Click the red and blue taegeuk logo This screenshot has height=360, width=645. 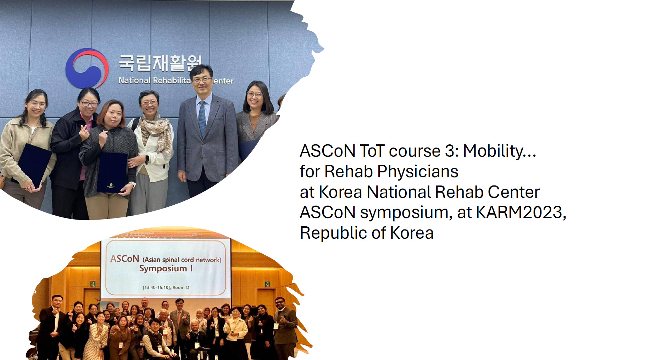(x=87, y=68)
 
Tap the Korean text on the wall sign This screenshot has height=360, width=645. (x=160, y=63)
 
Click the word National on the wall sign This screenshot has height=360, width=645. (x=134, y=81)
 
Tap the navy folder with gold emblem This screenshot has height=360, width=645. (x=112, y=173)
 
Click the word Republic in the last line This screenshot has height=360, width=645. (x=333, y=233)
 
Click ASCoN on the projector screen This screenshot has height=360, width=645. (x=124, y=259)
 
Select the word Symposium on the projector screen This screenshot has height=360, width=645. (x=163, y=268)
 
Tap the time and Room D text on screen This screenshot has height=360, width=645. (x=166, y=287)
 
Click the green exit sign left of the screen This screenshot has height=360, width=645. (x=93, y=284)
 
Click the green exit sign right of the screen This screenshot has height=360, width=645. (x=267, y=284)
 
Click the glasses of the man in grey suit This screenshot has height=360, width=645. (x=202, y=80)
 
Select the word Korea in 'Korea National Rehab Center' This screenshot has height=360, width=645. (x=340, y=192)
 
